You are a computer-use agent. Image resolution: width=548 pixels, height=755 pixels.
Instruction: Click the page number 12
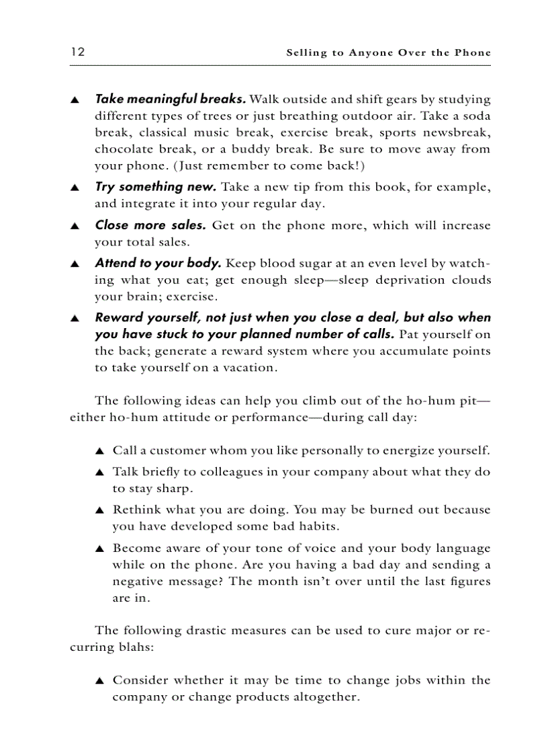pyautogui.click(x=77, y=52)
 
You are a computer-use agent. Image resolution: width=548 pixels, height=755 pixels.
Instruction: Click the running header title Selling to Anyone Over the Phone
pyautogui.click(x=388, y=52)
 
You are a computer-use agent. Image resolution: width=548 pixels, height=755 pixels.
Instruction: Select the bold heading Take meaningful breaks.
pyautogui.click(x=170, y=99)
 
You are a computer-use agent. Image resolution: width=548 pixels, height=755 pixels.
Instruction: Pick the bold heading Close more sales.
pyautogui.click(x=150, y=225)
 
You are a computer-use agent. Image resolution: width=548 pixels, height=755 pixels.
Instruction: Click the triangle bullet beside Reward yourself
pyautogui.click(x=75, y=318)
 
